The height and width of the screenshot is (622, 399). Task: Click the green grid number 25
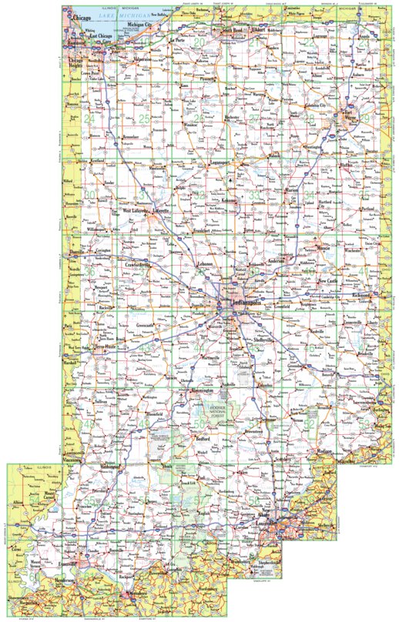[145, 118]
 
